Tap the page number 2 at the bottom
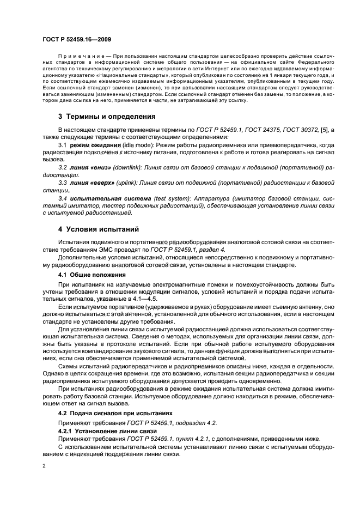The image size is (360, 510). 44,466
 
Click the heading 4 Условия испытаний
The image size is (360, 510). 92,229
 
